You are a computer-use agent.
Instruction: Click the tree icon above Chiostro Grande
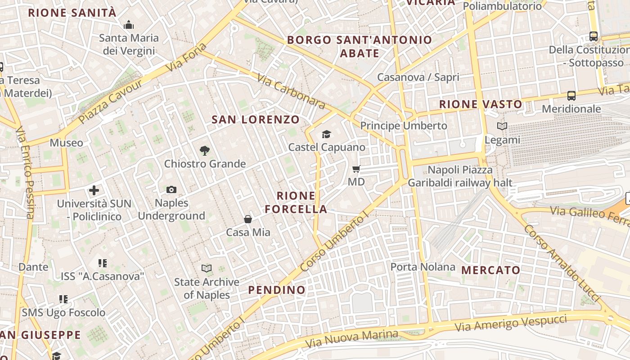[205, 151]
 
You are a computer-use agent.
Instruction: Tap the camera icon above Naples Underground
[171, 190]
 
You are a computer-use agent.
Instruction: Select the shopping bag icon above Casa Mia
[248, 219]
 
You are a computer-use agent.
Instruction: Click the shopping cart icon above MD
[356, 169]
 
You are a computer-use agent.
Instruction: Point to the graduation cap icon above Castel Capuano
[326, 134]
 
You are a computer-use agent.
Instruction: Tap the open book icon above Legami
[502, 126]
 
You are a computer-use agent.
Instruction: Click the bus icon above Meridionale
[571, 96]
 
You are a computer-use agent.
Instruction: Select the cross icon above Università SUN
[94, 190]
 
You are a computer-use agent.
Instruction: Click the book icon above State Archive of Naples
[207, 269]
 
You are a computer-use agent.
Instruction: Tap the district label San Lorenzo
[256, 120]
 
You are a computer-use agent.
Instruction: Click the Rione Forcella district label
[296, 202]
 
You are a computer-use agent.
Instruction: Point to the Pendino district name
[277, 290]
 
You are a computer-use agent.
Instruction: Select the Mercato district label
[491, 270]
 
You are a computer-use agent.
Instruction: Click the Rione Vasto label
[481, 104]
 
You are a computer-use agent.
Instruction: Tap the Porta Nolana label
[423, 267]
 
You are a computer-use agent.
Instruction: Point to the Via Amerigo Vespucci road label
[511, 324]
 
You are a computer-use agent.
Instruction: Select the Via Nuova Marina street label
[352, 339]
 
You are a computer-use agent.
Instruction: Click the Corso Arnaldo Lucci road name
[561, 263]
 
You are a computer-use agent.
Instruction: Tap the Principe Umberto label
[404, 126]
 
